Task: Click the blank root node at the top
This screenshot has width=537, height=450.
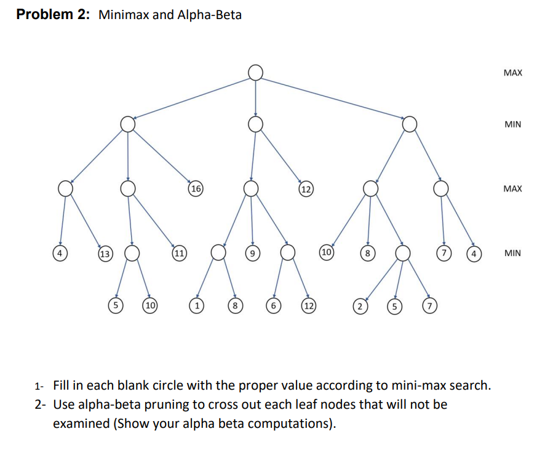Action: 256,73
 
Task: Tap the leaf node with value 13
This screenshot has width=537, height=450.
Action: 105,254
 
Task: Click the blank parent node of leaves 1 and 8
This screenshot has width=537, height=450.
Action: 218,252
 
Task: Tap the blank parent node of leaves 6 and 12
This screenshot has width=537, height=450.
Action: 288,252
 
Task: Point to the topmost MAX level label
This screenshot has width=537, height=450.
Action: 512,73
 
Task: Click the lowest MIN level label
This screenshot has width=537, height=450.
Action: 512,253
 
